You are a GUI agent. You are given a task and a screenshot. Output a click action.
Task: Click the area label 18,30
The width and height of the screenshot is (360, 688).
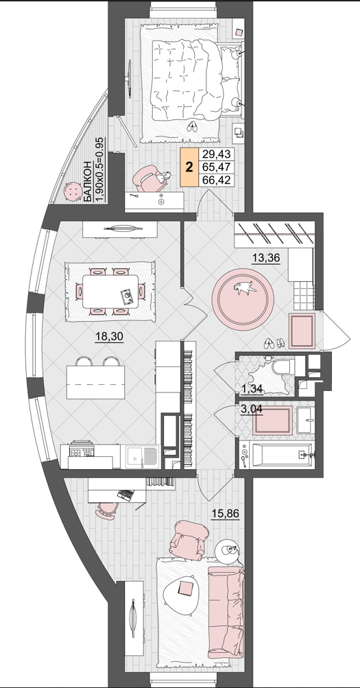click(x=109, y=337)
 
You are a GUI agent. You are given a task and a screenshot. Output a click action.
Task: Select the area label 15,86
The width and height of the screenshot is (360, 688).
click(x=226, y=513)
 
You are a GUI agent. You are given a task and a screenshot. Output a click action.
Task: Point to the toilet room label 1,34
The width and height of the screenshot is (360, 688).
click(x=252, y=388)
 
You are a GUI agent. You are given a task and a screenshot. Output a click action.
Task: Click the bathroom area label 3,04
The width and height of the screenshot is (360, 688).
click(x=252, y=410)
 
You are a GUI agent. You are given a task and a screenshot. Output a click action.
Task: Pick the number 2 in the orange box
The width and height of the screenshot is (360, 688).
click(x=189, y=167)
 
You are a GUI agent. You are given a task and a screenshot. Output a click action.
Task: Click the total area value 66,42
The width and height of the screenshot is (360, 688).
click(x=216, y=180)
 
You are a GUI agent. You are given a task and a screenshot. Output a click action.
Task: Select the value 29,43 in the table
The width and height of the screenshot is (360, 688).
click(x=216, y=154)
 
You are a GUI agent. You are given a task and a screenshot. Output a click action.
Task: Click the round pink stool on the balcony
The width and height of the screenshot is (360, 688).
click(x=72, y=191)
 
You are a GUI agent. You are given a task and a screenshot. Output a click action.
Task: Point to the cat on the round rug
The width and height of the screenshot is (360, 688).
click(x=244, y=287)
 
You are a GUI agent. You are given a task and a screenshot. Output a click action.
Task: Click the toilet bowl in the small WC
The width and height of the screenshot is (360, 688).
click(x=283, y=367)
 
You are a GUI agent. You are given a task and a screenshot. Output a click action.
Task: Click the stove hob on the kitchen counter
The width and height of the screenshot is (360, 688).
click(x=82, y=451)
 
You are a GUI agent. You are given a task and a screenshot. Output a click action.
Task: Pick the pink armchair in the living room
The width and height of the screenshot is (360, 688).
click(x=189, y=540)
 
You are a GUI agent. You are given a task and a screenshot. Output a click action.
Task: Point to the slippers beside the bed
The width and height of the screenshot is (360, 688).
click(x=193, y=127)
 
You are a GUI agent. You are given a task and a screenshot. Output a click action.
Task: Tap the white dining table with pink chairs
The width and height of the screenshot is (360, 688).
click(x=110, y=291)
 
